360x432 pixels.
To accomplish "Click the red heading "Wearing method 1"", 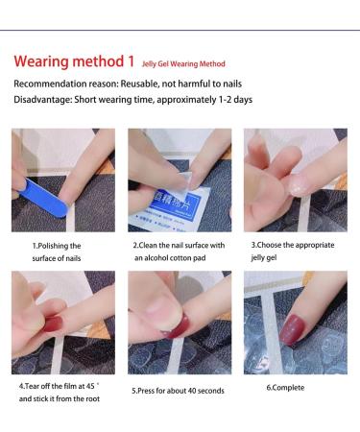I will (x=74, y=62).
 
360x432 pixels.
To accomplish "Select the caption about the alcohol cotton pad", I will (x=179, y=252).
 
